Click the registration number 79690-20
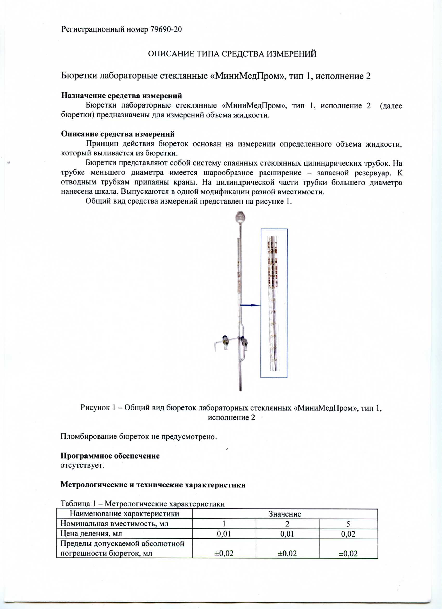coord(166,29)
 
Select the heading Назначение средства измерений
coord(121,96)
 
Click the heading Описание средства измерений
coord(118,134)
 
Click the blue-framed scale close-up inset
coord(274,303)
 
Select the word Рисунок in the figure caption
coord(95,408)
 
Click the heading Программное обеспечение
coord(110,456)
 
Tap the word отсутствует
coord(82,465)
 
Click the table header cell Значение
coord(285,514)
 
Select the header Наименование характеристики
coord(125,514)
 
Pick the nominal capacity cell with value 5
coord(348,524)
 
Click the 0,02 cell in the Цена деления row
coord(348,534)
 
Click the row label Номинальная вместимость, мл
coord(114,524)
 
